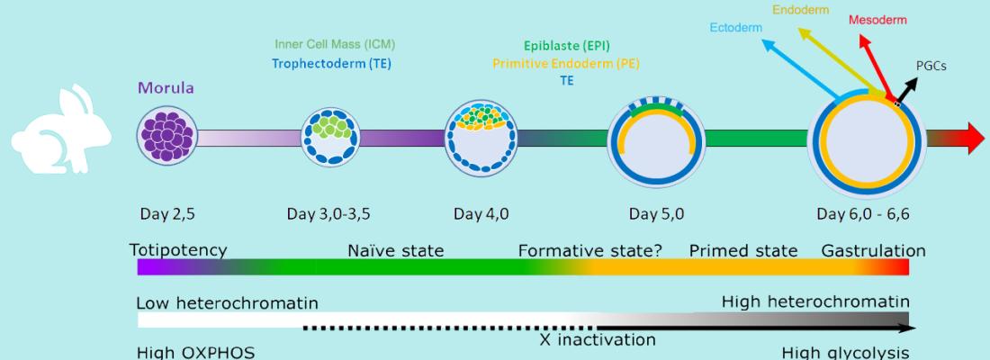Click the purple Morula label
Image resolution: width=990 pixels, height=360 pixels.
(x=166, y=88)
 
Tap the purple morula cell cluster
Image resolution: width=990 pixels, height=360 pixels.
(x=166, y=136)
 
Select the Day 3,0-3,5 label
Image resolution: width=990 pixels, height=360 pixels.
(x=328, y=214)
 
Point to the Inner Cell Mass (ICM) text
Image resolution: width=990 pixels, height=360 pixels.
(x=335, y=45)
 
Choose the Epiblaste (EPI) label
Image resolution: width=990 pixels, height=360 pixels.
(x=567, y=46)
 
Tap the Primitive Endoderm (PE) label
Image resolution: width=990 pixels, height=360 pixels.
(x=566, y=63)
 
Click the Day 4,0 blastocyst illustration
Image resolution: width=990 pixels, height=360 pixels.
(x=481, y=139)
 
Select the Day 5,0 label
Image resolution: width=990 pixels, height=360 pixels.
(x=656, y=214)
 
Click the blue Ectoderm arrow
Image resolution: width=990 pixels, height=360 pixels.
(x=800, y=69)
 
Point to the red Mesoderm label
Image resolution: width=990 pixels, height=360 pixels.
(x=877, y=20)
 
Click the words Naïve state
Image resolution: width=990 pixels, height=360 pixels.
(x=396, y=251)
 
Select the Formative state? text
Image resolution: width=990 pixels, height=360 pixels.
(x=590, y=251)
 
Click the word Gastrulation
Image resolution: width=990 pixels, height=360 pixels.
(x=873, y=251)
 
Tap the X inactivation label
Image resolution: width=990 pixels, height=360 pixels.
(x=598, y=340)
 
